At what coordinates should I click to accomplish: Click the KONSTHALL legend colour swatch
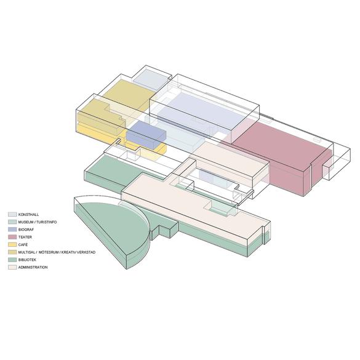[x=12, y=214]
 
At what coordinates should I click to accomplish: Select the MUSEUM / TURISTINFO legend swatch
[x=12, y=222]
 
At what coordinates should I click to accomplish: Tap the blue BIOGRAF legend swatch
[x=12, y=230]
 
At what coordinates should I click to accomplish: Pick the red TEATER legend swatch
[x=12, y=237]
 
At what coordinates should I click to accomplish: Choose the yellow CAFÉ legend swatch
[x=12, y=244]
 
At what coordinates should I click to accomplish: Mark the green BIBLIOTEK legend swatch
[x=12, y=260]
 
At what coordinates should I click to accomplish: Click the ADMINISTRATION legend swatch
[x=12, y=267]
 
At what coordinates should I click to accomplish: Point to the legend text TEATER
[x=25, y=237]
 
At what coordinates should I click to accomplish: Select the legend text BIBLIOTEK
[x=27, y=260]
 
